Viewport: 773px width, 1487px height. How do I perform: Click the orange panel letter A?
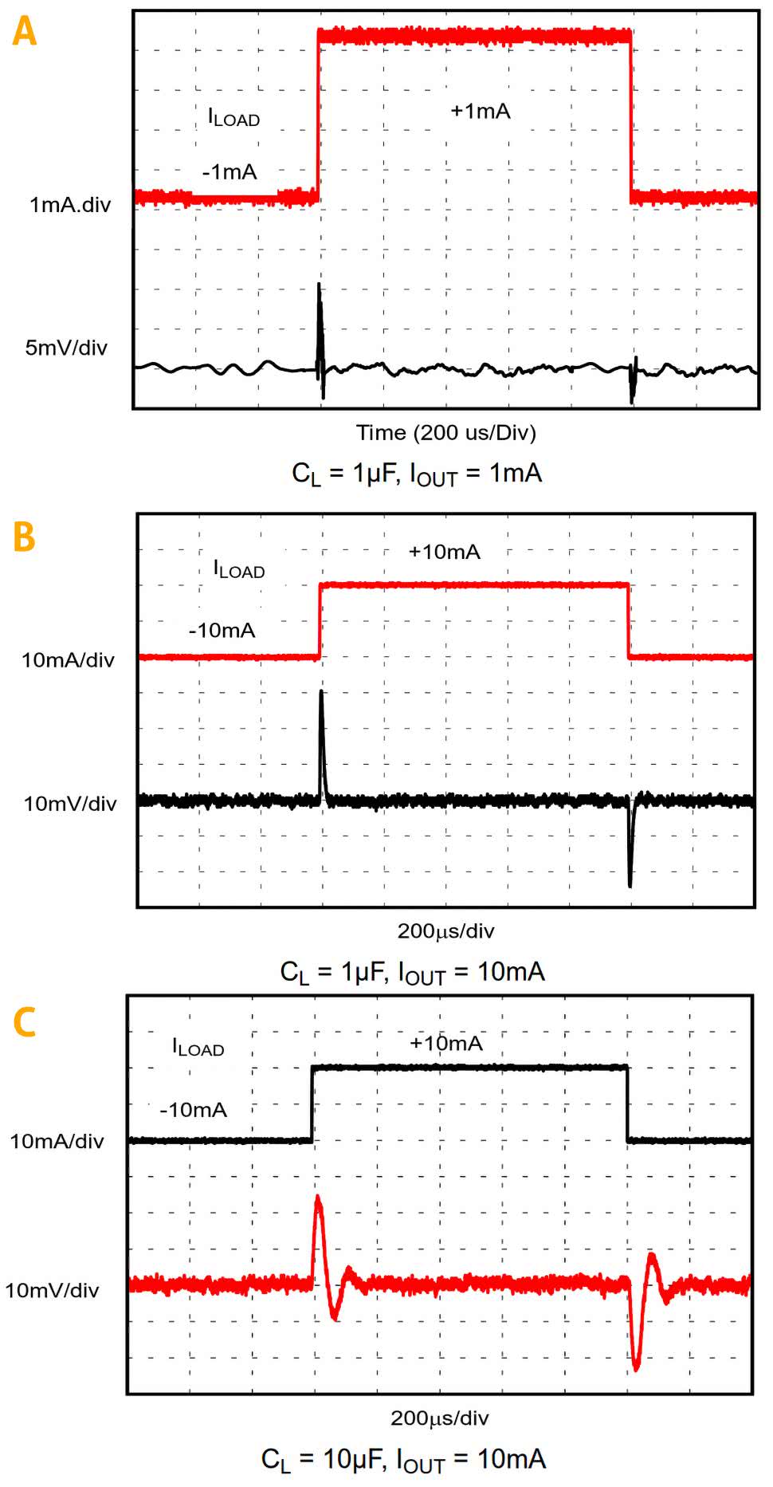click(x=25, y=32)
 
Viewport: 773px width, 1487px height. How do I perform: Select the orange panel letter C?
click(x=25, y=1022)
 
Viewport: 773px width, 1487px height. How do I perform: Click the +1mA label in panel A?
click(x=480, y=111)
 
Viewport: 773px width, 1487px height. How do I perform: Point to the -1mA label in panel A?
click(x=229, y=171)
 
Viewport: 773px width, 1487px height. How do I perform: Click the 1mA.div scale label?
click(x=70, y=205)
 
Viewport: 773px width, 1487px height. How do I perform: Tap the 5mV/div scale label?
click(x=66, y=348)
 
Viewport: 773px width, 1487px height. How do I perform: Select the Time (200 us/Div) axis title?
click(x=445, y=433)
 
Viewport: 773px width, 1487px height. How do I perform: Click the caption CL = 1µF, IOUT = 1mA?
click(x=417, y=474)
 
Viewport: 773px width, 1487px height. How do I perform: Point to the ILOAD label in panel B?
click(x=238, y=568)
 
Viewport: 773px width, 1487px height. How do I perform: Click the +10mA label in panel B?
click(x=444, y=552)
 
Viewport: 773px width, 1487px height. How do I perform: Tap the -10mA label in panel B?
click(x=222, y=631)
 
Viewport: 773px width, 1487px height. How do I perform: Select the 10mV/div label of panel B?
click(x=70, y=804)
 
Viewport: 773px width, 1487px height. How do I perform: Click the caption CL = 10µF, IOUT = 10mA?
click(x=403, y=1460)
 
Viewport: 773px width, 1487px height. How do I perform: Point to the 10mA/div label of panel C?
click(x=57, y=1141)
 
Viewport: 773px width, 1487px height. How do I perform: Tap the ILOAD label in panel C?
click(x=198, y=1047)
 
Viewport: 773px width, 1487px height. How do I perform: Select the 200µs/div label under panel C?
click(x=439, y=1418)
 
